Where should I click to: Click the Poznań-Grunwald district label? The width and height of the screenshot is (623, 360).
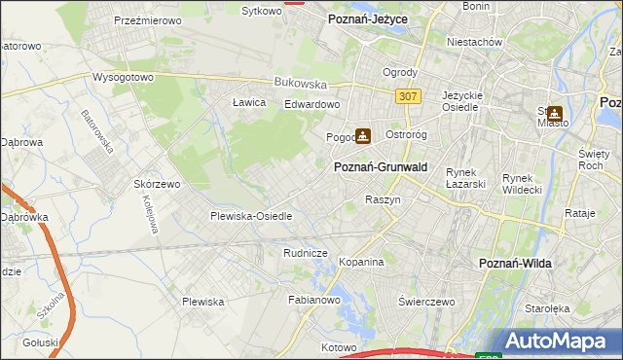382,167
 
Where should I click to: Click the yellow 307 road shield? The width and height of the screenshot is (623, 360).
408,96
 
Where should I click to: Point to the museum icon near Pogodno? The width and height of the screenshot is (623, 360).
363,136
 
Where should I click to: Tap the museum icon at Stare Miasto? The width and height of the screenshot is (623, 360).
555,113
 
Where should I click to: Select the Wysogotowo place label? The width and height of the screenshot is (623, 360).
123,76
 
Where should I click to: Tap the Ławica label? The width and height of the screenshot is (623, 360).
250,101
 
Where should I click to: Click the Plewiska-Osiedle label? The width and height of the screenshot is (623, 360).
251,216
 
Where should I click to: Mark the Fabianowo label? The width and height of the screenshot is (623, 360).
312,301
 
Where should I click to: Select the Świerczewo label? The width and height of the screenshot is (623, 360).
426,302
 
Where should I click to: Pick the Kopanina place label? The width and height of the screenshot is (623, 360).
361,263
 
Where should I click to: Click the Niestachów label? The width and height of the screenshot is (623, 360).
473,43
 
